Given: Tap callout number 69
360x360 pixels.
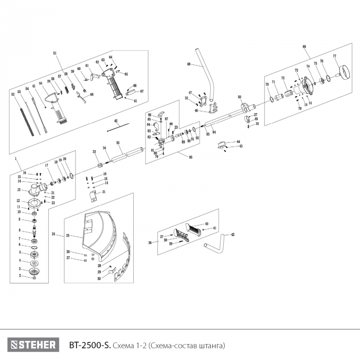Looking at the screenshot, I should point(304,47).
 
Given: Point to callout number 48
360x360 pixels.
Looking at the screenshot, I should point(188,64).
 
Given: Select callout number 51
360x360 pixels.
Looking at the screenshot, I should point(55,53).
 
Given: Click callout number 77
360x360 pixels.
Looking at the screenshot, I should point(334,56).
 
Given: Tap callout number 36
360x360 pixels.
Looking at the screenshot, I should point(150,242).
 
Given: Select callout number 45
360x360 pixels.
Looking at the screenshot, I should point(116,121).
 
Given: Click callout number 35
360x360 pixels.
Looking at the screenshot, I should point(118,142).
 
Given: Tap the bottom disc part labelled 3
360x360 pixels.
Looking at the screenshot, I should point(34,271).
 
